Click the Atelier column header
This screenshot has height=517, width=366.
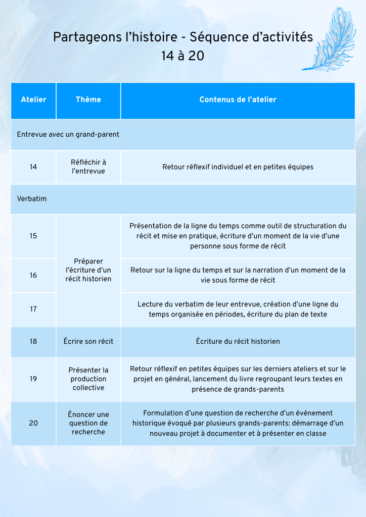[x=33, y=99]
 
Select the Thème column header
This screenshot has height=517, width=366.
[x=88, y=99]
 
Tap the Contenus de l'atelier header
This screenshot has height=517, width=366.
[x=238, y=99]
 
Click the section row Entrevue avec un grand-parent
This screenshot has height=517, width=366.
[x=68, y=134]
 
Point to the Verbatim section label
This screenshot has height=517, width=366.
[x=32, y=199]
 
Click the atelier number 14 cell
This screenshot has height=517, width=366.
[x=33, y=167]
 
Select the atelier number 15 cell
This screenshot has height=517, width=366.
[x=33, y=236]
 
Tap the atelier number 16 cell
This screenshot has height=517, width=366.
[x=33, y=275]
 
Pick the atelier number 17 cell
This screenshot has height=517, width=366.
[x=33, y=309]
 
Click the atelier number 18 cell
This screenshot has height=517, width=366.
[x=33, y=341]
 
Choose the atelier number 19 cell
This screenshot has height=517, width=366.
[x=33, y=379]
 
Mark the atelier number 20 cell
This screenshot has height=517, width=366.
[x=33, y=423]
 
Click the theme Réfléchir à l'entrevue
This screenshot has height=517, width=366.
[x=88, y=167]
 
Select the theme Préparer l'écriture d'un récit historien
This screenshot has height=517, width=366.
[x=88, y=270]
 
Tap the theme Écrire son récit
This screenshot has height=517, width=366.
[x=88, y=341]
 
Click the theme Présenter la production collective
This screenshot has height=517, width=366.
[x=88, y=379]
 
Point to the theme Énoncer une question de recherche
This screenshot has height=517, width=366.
[x=88, y=423]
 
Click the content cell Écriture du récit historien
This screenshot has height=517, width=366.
[x=238, y=341]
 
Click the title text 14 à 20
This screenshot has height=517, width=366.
[x=183, y=56]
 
